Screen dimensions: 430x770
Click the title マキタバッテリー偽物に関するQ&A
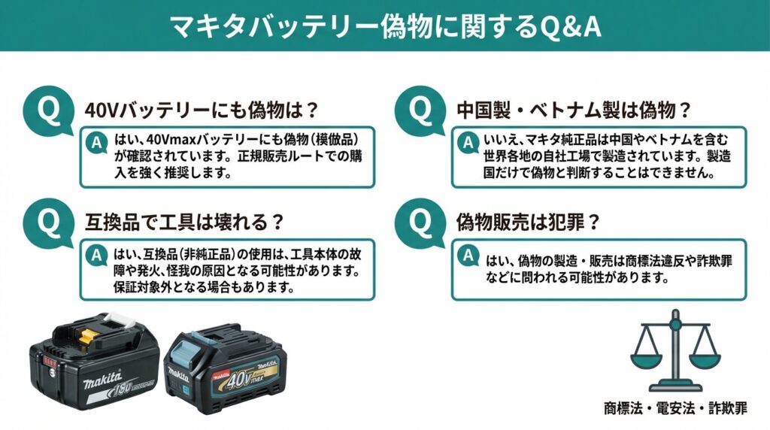[x=385, y=26]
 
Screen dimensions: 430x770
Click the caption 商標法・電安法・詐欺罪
[x=675, y=409]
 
